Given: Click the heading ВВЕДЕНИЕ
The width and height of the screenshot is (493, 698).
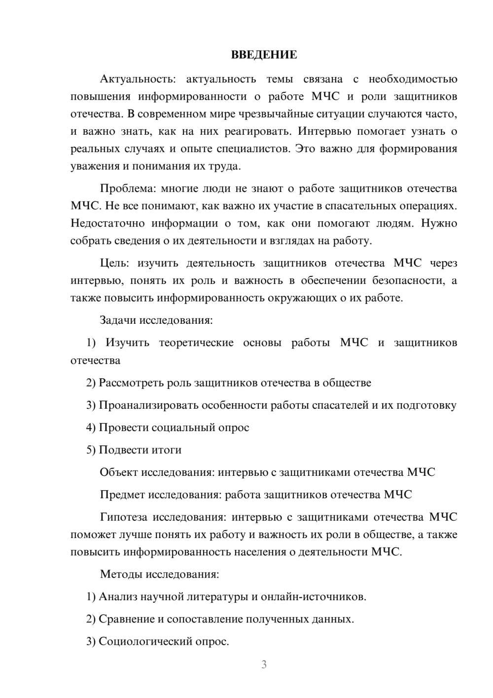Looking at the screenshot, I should click(x=264, y=55).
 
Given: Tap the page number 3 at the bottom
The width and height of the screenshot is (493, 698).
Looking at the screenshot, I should click(x=264, y=664).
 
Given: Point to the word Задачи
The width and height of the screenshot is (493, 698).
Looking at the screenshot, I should click(x=118, y=320).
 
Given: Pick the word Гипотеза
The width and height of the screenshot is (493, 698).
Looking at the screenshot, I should click(x=123, y=517).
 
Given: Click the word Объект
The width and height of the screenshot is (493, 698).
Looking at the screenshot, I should click(x=119, y=472).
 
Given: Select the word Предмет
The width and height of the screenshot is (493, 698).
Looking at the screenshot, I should click(x=122, y=495).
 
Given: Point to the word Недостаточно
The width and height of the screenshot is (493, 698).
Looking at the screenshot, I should click(x=106, y=223).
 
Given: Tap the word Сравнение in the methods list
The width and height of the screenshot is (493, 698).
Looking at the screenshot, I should click(x=127, y=619).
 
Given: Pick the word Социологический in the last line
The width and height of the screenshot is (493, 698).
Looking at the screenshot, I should click(x=145, y=642).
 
